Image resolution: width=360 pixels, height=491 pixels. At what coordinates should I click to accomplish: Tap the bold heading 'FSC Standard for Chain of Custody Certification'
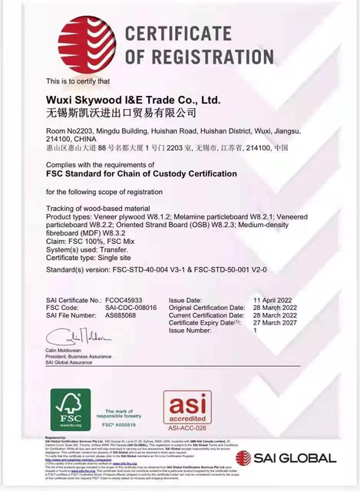coord(141,174)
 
